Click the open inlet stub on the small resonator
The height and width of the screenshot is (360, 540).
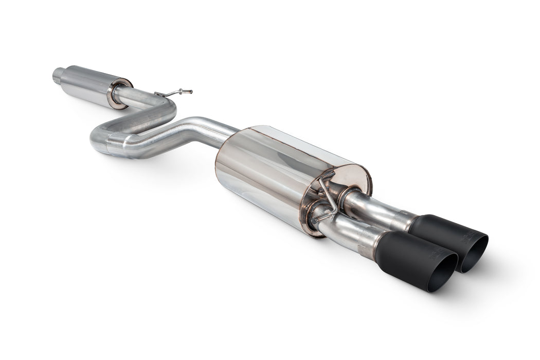(x=58, y=76)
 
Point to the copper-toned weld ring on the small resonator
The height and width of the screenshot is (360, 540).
(x=119, y=93)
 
